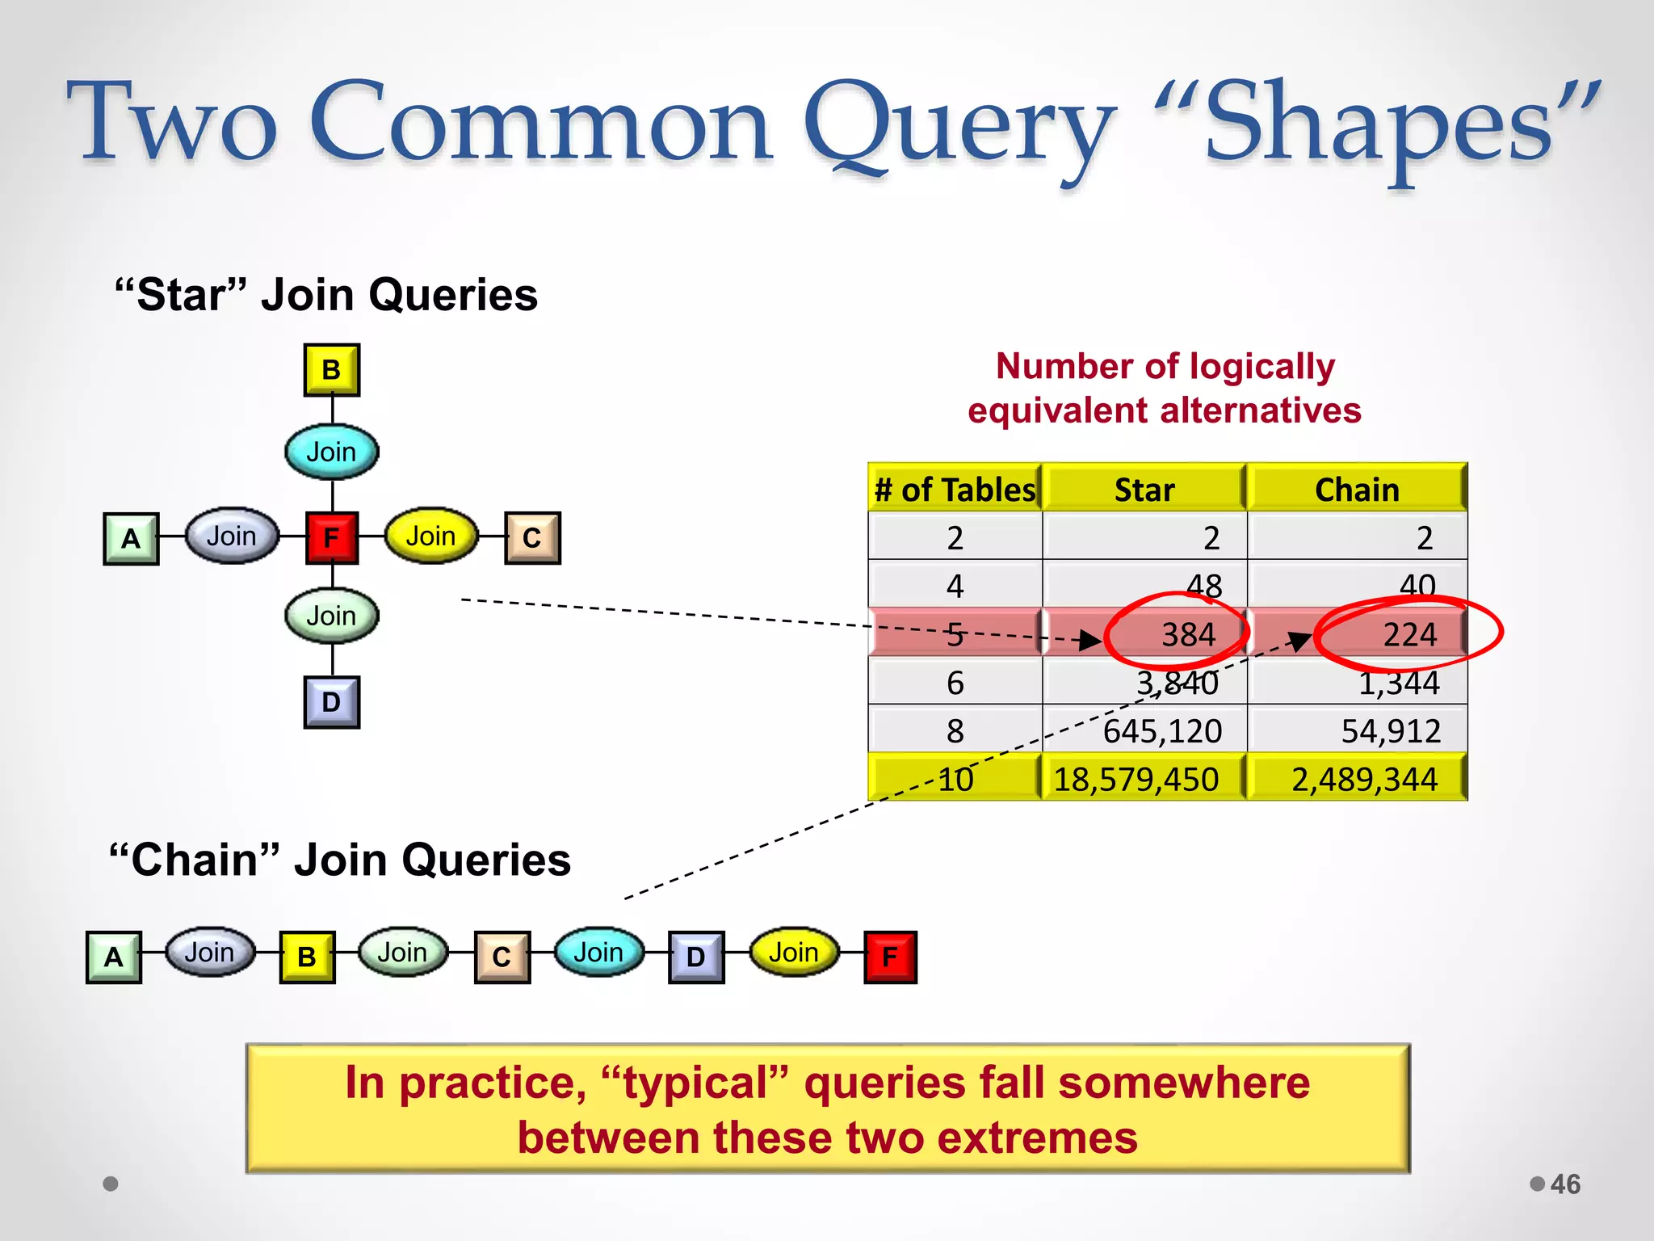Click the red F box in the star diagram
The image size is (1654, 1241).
tap(332, 537)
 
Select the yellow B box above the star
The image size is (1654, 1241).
tap(331, 370)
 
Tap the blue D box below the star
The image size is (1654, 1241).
tap(331, 702)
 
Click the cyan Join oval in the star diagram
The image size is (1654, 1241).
tap(331, 452)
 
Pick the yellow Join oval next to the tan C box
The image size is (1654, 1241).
tap(430, 536)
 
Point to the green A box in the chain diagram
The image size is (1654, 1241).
tap(114, 957)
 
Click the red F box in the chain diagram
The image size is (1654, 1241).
tap(890, 957)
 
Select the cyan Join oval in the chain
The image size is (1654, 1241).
tap(598, 953)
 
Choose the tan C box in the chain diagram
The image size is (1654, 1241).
tap(502, 957)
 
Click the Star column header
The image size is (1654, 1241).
tap(1144, 490)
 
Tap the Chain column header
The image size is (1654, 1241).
tap(1357, 490)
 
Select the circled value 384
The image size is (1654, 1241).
tap(1188, 635)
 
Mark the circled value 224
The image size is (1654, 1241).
tap(1409, 635)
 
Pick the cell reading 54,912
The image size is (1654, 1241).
tap(1391, 731)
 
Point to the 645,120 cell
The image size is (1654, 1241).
tap(1162, 731)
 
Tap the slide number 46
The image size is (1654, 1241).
tap(1565, 1184)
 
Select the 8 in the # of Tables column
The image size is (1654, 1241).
tap(955, 731)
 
